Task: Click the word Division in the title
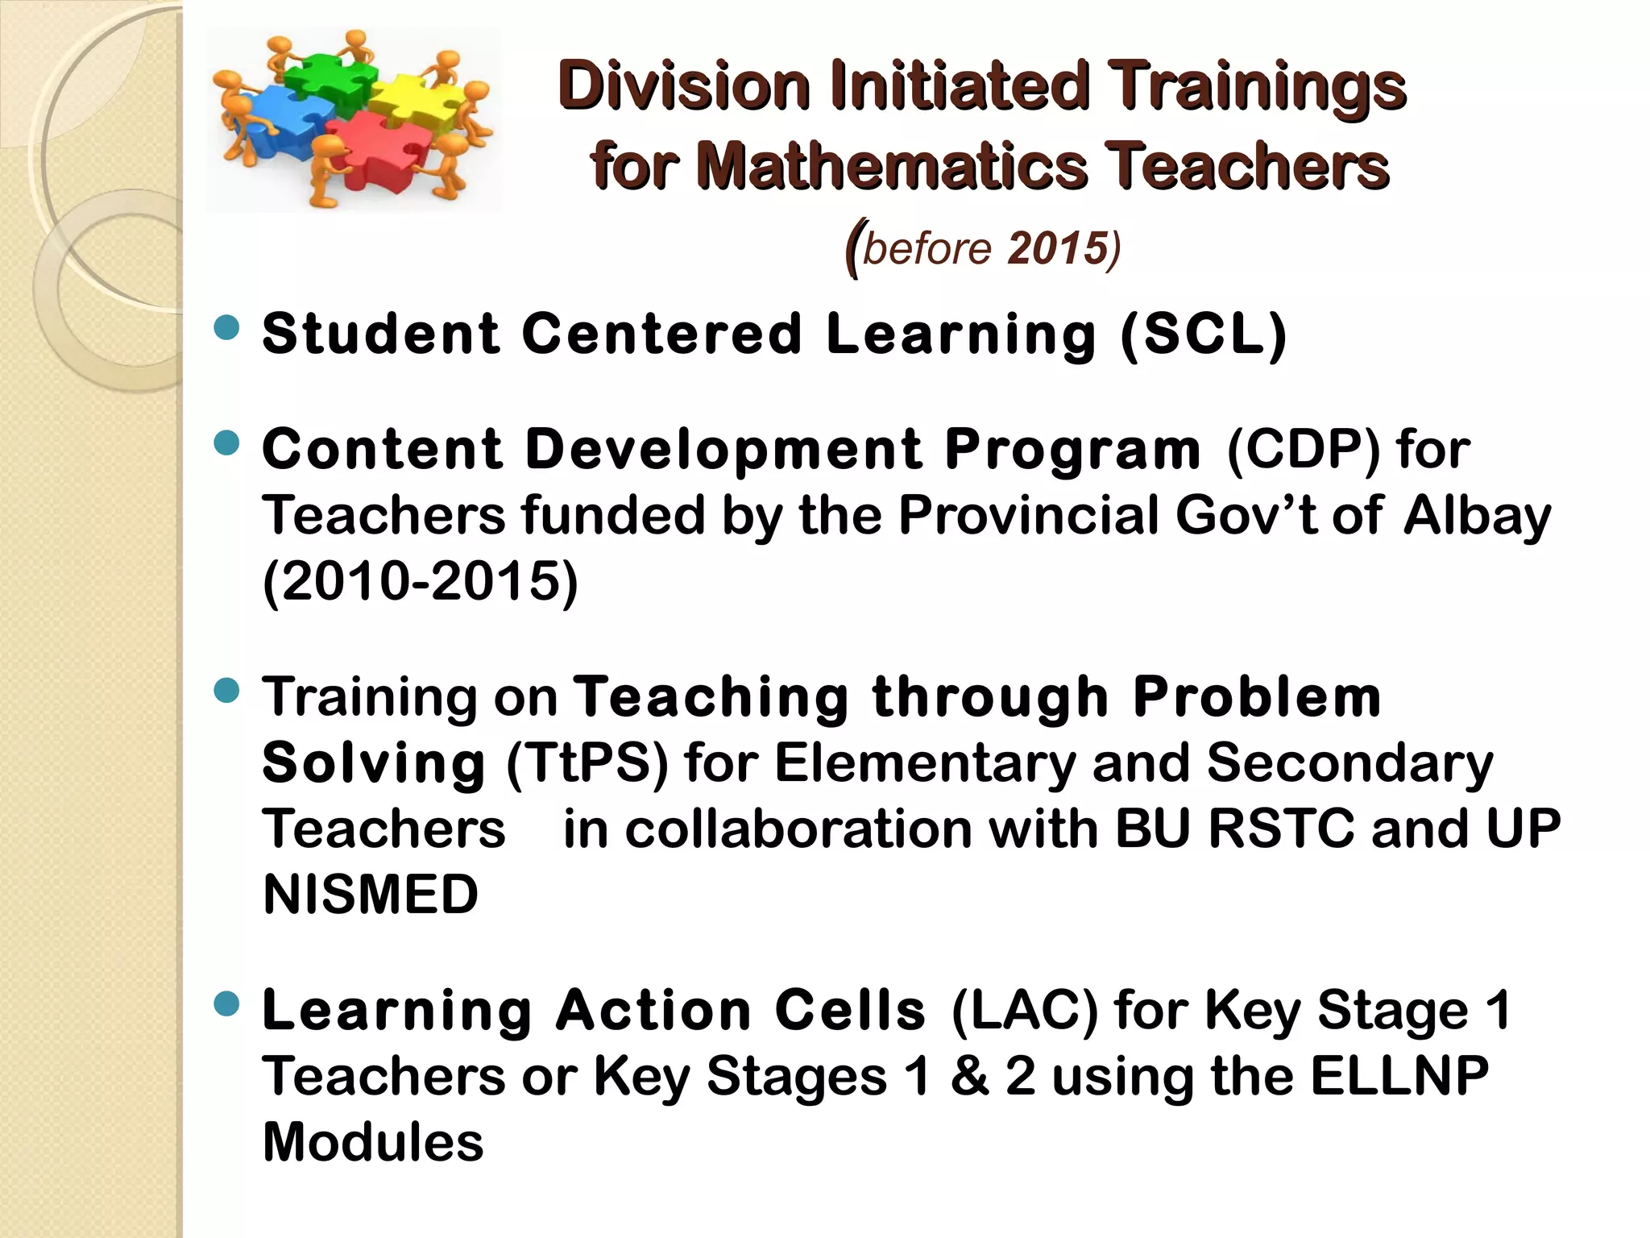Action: [684, 86]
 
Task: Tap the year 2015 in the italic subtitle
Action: [1056, 248]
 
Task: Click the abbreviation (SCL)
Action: [1204, 334]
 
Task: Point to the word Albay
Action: [1476, 516]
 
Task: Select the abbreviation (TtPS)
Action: [587, 762]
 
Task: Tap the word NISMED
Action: [371, 895]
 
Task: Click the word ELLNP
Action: [1399, 1076]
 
